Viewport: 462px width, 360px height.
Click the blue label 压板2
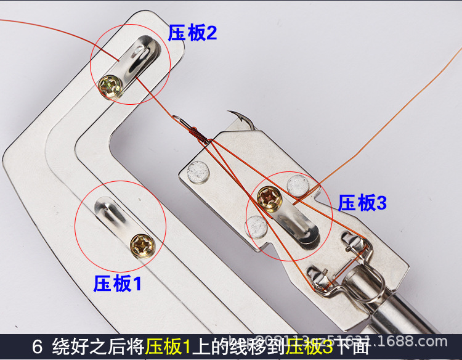[192, 33]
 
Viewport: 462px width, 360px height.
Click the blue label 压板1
[117, 284]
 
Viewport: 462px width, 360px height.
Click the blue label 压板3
[362, 203]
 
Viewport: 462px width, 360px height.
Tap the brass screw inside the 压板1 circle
[143, 245]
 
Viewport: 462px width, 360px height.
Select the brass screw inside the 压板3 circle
[269, 198]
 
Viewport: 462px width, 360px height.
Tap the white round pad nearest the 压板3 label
[298, 182]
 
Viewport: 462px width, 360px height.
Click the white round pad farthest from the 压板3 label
[199, 170]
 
